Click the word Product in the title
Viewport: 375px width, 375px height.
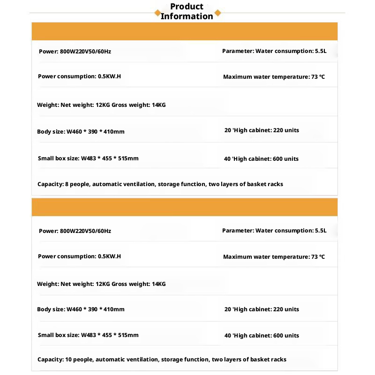pos(187,7)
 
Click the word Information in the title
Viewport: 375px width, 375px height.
pos(187,16)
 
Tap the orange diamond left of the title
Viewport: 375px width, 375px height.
pos(157,13)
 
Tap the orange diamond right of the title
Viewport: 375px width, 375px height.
pos(217,13)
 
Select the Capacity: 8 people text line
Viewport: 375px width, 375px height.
pos(160,184)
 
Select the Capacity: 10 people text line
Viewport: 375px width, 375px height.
pos(162,360)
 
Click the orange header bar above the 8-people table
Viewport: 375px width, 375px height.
pos(184,31)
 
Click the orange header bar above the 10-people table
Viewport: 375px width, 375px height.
pos(184,207)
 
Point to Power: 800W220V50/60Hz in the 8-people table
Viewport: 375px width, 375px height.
pos(75,52)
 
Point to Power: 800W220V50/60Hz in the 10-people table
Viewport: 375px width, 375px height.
pos(75,231)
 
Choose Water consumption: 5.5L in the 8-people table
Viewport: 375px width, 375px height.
pos(274,51)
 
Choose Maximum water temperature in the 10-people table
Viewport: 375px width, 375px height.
pos(274,257)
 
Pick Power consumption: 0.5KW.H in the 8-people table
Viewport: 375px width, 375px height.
pos(80,76)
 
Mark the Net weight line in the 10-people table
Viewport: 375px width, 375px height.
pos(101,284)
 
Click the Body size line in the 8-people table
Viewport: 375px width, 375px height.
pos(81,132)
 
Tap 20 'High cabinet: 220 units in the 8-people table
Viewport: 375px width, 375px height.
pos(262,130)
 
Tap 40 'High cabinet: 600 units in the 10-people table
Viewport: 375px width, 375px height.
pos(262,336)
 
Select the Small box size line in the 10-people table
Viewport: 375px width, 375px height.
pos(88,335)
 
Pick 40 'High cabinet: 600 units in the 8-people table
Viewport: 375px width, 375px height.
pos(261,159)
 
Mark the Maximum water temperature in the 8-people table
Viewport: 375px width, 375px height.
pos(274,77)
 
